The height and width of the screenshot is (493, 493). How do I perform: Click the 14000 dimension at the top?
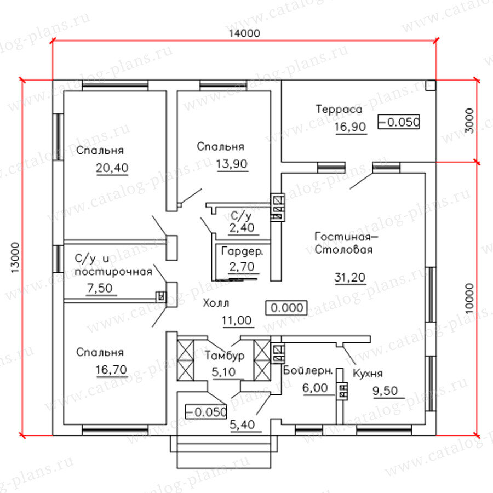coord(244,33)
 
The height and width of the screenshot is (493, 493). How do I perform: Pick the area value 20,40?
coord(112,168)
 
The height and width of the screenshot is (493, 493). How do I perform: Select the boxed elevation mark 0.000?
coord(286,308)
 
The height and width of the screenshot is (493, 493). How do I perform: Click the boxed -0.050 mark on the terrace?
coord(399,122)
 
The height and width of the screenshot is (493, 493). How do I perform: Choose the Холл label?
coord(216,303)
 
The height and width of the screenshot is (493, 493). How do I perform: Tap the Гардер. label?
coord(243,253)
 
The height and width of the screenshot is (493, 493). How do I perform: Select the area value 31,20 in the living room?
coord(350,278)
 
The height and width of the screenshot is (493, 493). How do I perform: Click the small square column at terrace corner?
coord(430,85)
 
